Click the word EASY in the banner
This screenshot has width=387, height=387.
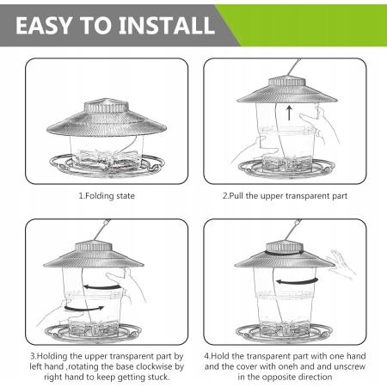pyautogui.click(x=44, y=26)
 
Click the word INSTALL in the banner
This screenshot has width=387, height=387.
pyautogui.click(x=167, y=26)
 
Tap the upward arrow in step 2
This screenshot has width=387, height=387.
pyautogui.click(x=289, y=113)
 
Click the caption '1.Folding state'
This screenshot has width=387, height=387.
pyautogui.click(x=107, y=196)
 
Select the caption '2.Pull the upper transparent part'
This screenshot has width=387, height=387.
pyautogui.click(x=285, y=196)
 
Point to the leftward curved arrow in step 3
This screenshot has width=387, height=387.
pyautogui.click(x=102, y=286)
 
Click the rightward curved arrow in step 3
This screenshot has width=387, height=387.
pyautogui.click(x=84, y=309)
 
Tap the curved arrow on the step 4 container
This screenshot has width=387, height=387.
pyautogui.click(x=297, y=282)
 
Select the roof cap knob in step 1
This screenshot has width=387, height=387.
pyautogui.click(x=106, y=107)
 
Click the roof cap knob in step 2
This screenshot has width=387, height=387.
pyautogui.click(x=287, y=81)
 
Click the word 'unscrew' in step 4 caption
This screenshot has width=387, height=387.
pyautogui.click(x=350, y=366)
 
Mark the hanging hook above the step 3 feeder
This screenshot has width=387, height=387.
pyautogui.click(x=101, y=230)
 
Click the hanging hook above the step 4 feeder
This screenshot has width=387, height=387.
pyautogui.click(x=292, y=230)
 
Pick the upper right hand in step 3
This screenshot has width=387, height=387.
pyautogui.click(x=126, y=284)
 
